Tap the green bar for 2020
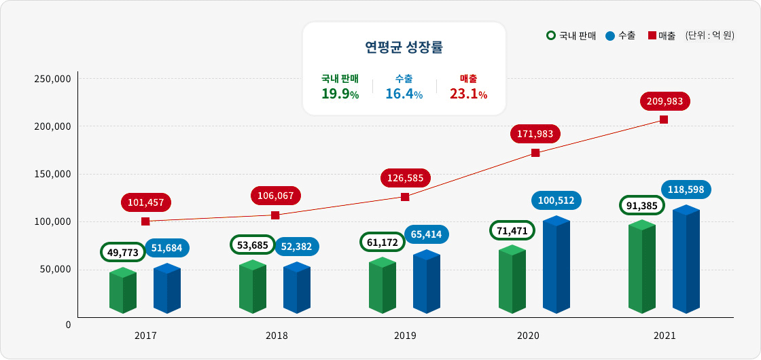pyautogui.click(x=512, y=279)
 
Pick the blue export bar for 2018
pyautogui.click(x=296, y=288)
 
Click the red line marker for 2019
pyautogui.click(x=405, y=197)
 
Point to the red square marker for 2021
pyautogui.click(x=664, y=120)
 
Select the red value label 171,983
pyautogui.click(x=535, y=133)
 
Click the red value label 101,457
pyautogui.click(x=146, y=202)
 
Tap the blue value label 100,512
pyautogui.click(x=556, y=200)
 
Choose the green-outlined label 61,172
pyautogui.click(x=382, y=242)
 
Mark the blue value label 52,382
pyautogui.click(x=296, y=247)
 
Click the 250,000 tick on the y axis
pyautogui.click(x=52, y=79)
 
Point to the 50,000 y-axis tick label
pyautogui.click(x=55, y=270)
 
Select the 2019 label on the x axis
pyautogui.click(x=405, y=336)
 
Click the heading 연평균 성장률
pyautogui.click(x=404, y=48)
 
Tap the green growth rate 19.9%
pyautogui.click(x=340, y=94)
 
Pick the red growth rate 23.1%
pyautogui.click(x=468, y=94)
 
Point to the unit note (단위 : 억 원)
pyautogui.click(x=709, y=35)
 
